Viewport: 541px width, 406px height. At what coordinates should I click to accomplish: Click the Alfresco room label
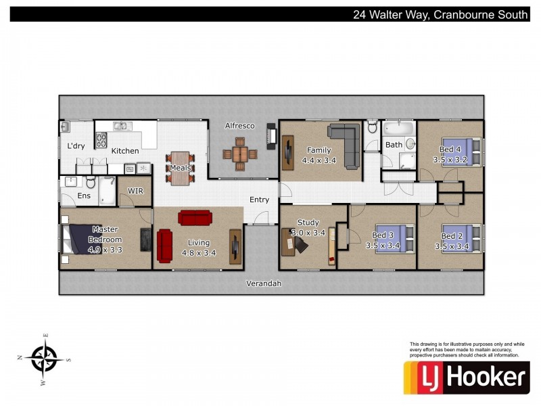[x=239, y=126]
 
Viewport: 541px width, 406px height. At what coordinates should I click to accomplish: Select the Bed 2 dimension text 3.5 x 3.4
[x=452, y=246]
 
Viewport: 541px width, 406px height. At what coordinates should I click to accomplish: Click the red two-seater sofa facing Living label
[x=195, y=218]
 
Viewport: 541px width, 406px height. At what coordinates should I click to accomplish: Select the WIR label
[x=135, y=191]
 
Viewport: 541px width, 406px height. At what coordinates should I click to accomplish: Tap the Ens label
[x=84, y=196]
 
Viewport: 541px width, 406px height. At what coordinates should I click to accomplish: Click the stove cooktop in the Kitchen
[x=102, y=140]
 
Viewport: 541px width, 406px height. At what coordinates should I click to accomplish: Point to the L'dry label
[x=75, y=146]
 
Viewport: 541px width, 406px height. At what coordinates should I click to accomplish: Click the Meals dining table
[x=180, y=168]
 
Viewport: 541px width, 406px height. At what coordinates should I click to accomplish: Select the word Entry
[x=259, y=200]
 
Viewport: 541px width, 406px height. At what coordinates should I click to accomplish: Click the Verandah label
[x=264, y=284]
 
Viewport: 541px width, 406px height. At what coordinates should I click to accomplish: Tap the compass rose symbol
[x=45, y=356]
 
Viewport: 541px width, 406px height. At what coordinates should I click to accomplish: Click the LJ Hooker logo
[x=467, y=378]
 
